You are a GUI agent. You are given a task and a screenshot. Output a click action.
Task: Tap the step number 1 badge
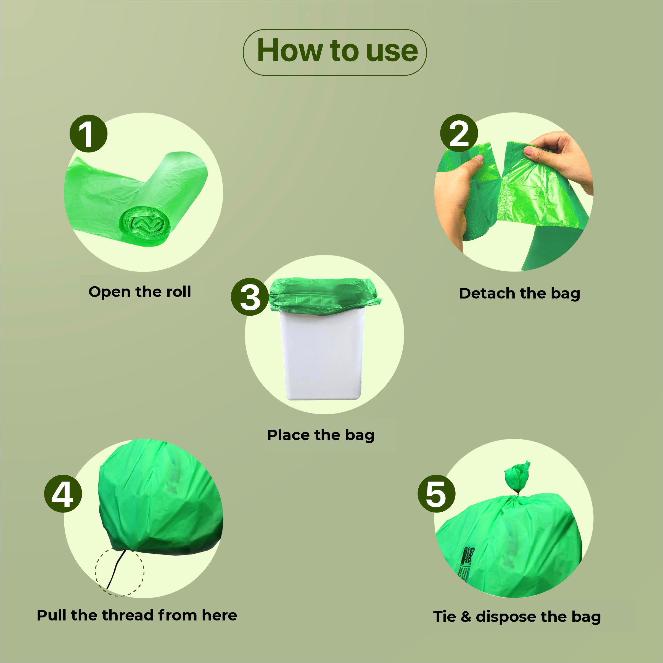click(x=88, y=134)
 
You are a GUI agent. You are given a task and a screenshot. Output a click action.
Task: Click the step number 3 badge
click(x=250, y=297)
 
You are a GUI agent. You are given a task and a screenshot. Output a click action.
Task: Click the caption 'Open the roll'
click(x=139, y=292)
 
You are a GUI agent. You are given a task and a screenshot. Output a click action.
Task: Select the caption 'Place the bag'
click(x=321, y=435)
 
